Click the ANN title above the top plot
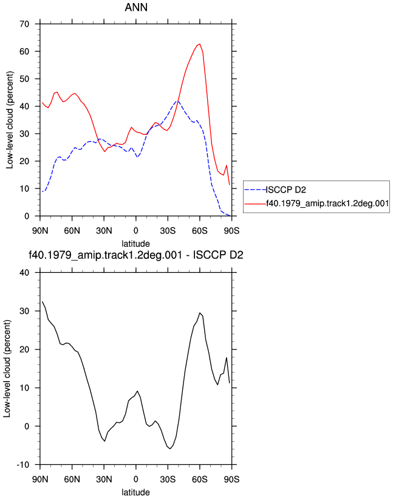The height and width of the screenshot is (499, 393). [x=136, y=7]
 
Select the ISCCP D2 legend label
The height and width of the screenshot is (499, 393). [x=286, y=190]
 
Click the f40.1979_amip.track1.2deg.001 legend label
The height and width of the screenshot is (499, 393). [x=327, y=204]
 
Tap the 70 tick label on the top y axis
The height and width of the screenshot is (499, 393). [x=24, y=24]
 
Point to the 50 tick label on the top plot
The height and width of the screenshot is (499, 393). [x=24, y=79]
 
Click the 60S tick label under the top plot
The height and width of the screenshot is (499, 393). [x=200, y=230]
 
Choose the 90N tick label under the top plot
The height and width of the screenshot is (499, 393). [x=40, y=230]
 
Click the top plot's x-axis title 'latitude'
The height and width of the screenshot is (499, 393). [x=136, y=244]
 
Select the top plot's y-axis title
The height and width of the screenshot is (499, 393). [x=10, y=120]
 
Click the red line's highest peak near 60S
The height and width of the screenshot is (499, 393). [x=200, y=44]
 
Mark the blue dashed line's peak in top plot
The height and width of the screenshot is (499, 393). [x=177, y=102]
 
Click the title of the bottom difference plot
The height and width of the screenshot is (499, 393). [x=136, y=255]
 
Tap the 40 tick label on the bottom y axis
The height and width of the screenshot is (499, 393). [x=24, y=272]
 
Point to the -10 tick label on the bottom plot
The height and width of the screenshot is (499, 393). [x=23, y=464]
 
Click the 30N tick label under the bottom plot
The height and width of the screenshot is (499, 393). [x=104, y=479]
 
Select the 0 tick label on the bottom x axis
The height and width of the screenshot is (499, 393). [x=136, y=479]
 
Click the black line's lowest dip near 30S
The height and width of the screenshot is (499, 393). [x=170, y=449]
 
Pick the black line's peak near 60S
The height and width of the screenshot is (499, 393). [x=200, y=313]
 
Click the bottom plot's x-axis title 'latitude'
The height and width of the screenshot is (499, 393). [x=136, y=492]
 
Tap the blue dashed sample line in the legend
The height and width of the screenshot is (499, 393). [x=255, y=190]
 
